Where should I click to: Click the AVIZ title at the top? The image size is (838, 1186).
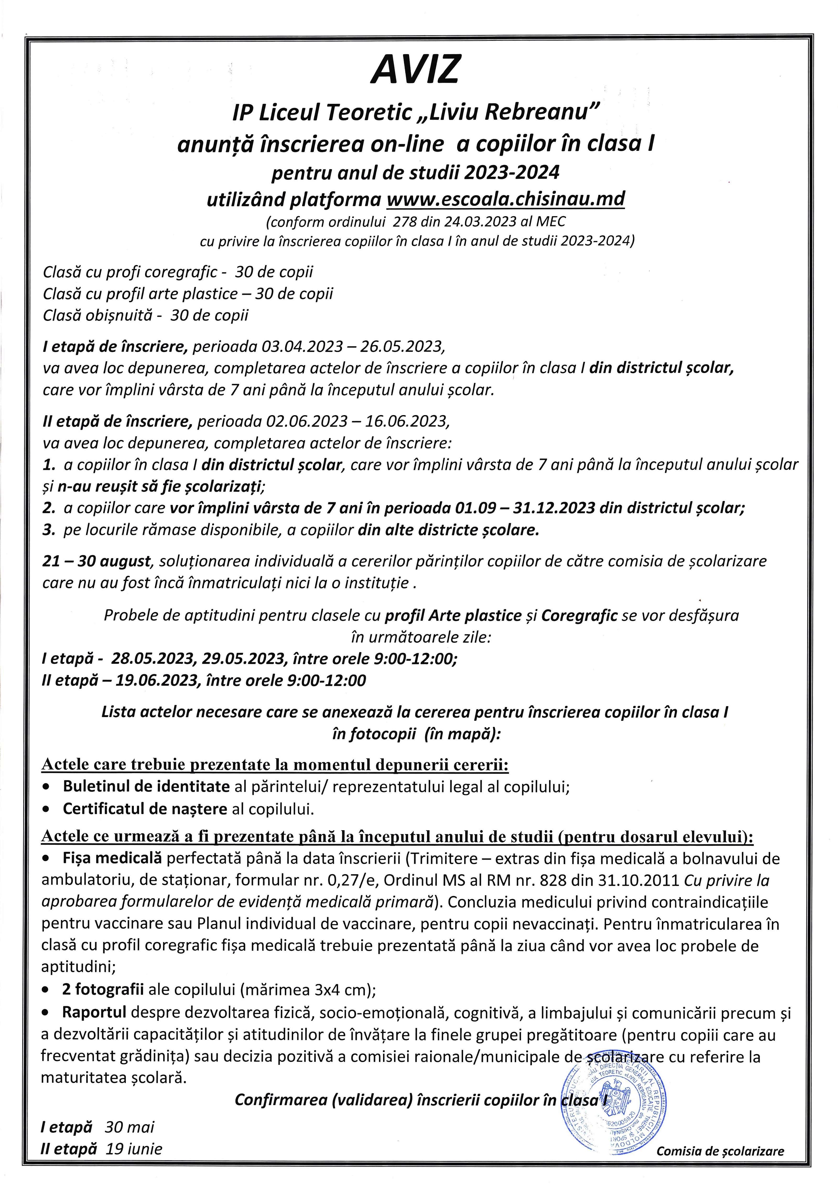click(x=415, y=70)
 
